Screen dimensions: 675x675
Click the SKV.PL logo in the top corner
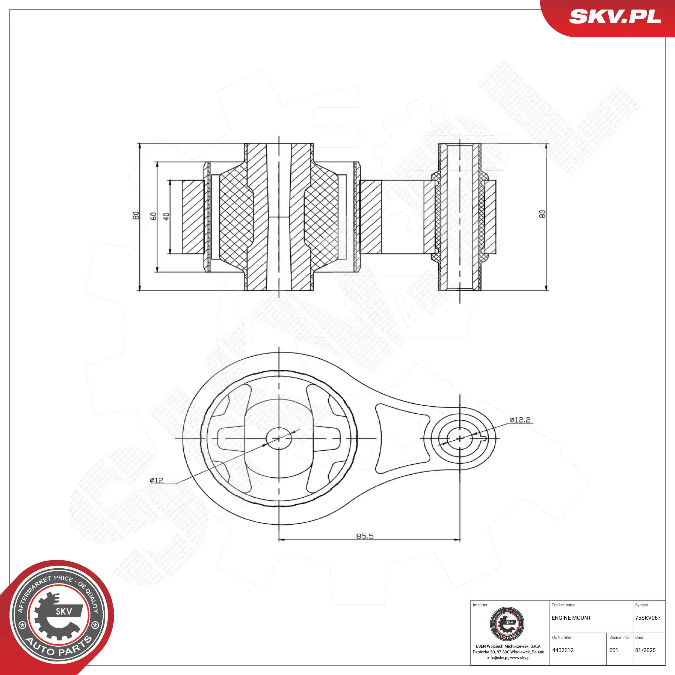(615, 17)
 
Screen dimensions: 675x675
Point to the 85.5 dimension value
(365, 536)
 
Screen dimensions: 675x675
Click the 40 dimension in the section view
(167, 216)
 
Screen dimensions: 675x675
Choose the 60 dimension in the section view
(153, 216)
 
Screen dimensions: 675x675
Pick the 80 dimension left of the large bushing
(136, 215)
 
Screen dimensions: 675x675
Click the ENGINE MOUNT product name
(571, 618)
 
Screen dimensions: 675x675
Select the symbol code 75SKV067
(648, 618)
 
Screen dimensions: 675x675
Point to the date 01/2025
(645, 650)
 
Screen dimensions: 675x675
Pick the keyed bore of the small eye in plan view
(460, 438)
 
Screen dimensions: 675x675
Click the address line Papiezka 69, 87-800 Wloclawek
(508, 652)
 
